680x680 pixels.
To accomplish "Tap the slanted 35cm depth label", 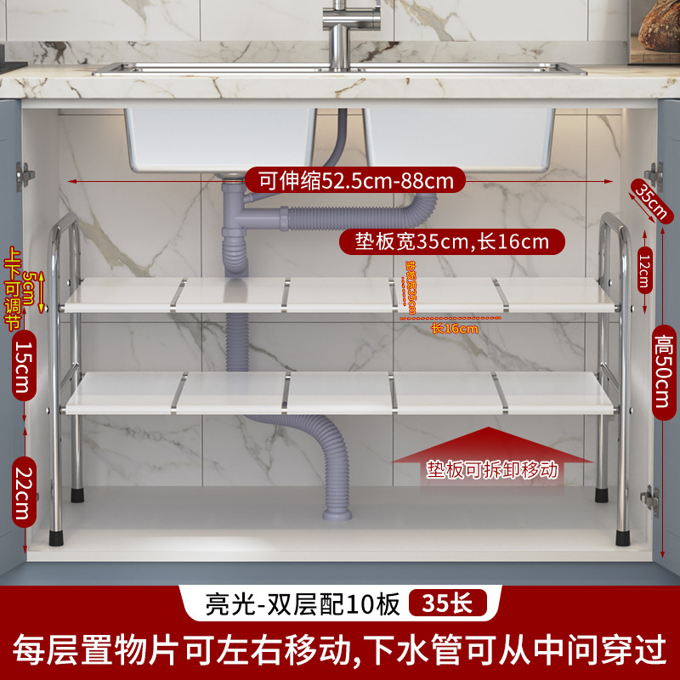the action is click(x=650, y=201).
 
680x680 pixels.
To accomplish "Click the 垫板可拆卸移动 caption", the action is click(x=493, y=469).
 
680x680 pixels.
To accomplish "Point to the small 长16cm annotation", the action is click(x=454, y=328).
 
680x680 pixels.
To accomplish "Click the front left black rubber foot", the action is click(x=58, y=536).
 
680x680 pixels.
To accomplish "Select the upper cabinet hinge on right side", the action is click(x=654, y=176).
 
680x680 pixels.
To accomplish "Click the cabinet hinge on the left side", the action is click(x=25, y=175).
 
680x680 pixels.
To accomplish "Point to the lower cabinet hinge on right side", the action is click(x=650, y=499).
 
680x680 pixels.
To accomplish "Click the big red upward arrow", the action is click(x=492, y=450).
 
